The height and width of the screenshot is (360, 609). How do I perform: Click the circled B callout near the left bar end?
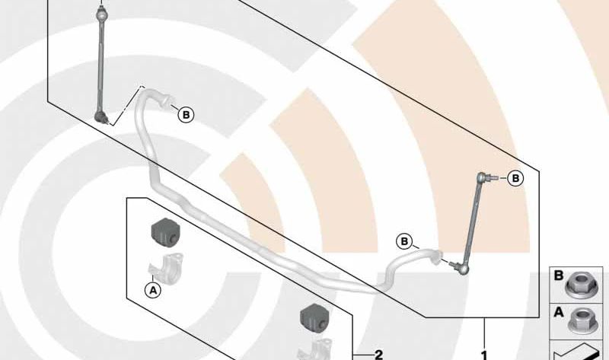coord(186,115)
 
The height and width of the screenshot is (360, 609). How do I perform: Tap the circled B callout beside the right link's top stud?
coord(516,178)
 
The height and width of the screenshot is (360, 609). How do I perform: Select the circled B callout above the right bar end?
coord(404,241)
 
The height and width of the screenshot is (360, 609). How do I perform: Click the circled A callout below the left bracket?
coord(153,290)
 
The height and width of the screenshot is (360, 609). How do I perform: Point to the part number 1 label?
coord(484,355)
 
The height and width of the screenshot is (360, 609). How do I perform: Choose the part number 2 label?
coord(378,355)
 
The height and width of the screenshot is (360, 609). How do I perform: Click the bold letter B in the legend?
coord(559,276)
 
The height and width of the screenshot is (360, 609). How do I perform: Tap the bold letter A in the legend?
coord(559,312)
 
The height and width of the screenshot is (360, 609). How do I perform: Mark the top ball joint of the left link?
coord(102,15)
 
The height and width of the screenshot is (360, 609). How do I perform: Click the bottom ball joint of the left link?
coord(100,116)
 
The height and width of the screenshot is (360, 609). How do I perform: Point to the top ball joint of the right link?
coord(482,177)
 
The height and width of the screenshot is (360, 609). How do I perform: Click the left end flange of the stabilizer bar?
coord(165,100)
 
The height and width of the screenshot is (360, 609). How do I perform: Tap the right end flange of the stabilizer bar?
coord(437,256)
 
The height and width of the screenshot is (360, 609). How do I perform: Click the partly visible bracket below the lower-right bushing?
coord(315,349)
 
